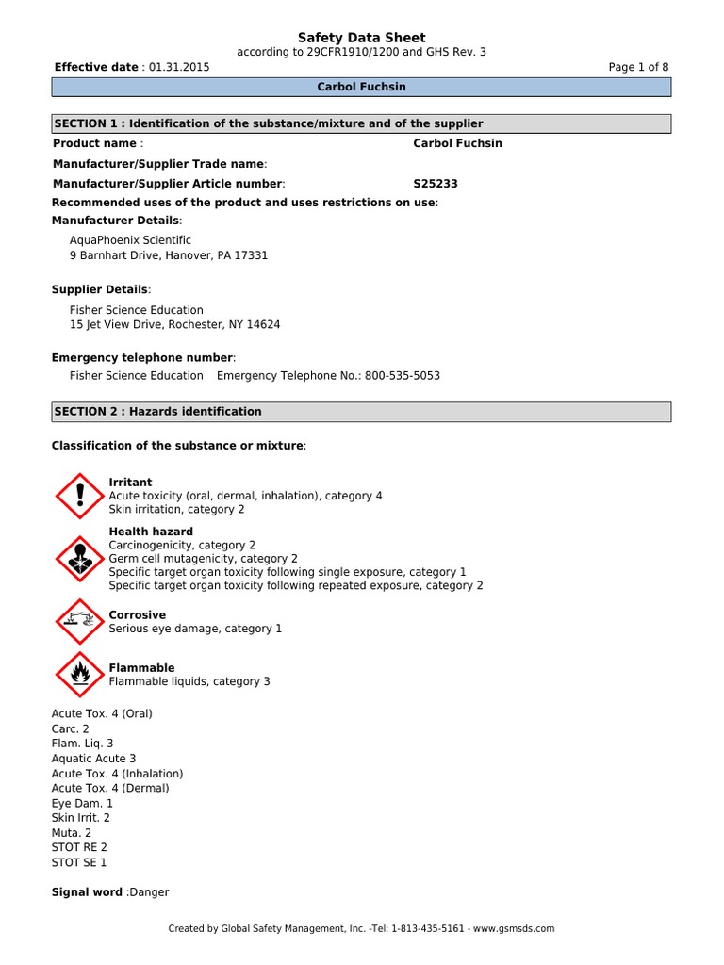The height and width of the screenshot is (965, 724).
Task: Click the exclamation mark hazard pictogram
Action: pyautogui.click(x=79, y=496)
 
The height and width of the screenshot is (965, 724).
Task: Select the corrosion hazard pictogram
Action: pyautogui.click(x=79, y=622)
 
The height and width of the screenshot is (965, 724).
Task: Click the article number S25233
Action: pyautogui.click(x=436, y=184)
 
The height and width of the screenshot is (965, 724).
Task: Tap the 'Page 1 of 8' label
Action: pyautogui.click(x=639, y=67)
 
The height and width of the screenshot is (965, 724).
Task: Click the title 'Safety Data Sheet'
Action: pyautogui.click(x=362, y=38)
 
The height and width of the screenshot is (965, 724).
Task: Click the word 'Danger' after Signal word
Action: pyautogui.click(x=149, y=892)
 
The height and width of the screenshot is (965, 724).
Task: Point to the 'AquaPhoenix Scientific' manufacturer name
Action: pyautogui.click(x=130, y=240)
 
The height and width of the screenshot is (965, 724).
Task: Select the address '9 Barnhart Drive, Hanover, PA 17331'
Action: pyautogui.click(x=169, y=255)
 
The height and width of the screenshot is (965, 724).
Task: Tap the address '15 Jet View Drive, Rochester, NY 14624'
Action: pyautogui.click(x=174, y=324)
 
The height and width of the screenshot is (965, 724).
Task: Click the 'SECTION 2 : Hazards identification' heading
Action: pyautogui.click(x=158, y=412)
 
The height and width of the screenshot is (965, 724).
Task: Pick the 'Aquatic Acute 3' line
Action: pyautogui.click(x=93, y=759)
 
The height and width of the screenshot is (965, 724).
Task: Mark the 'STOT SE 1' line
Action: pyautogui.click(x=79, y=862)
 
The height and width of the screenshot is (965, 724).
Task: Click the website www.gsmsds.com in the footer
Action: pyautogui.click(x=514, y=928)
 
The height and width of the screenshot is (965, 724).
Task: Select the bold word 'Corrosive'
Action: pyautogui.click(x=138, y=615)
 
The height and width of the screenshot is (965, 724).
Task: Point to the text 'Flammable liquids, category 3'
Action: pyautogui.click(x=189, y=681)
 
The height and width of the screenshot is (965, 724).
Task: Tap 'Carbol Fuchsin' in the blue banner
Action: pyautogui.click(x=362, y=87)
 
